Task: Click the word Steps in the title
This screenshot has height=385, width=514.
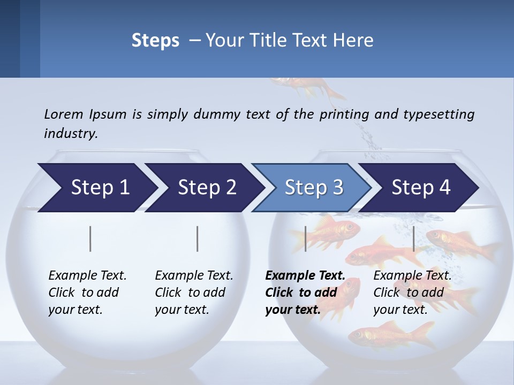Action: point(155,41)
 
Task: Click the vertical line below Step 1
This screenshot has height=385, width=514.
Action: point(90,238)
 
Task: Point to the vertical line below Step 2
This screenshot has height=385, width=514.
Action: point(198,238)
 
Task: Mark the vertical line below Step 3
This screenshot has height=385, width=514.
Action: point(305,238)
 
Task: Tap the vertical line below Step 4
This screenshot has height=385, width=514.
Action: point(413,238)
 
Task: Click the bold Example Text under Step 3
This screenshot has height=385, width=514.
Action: point(305,292)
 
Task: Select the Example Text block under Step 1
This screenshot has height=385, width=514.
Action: point(87,292)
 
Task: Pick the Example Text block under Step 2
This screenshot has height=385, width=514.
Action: point(194,292)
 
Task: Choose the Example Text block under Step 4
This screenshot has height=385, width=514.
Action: point(412,292)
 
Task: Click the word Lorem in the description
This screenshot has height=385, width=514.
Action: point(64,114)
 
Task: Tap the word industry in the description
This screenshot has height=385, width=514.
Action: point(71,133)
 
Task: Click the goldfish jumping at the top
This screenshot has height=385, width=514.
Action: point(305,86)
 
